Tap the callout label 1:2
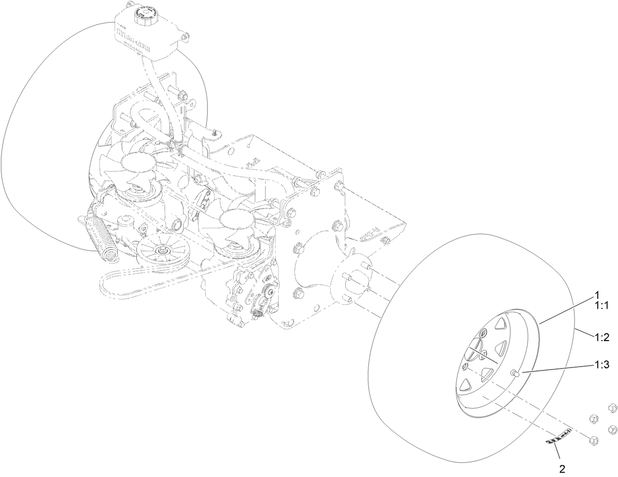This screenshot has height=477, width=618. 602,337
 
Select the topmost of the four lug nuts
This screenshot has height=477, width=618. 612,408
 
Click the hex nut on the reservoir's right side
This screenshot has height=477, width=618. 185,37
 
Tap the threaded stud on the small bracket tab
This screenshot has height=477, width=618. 214,132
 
